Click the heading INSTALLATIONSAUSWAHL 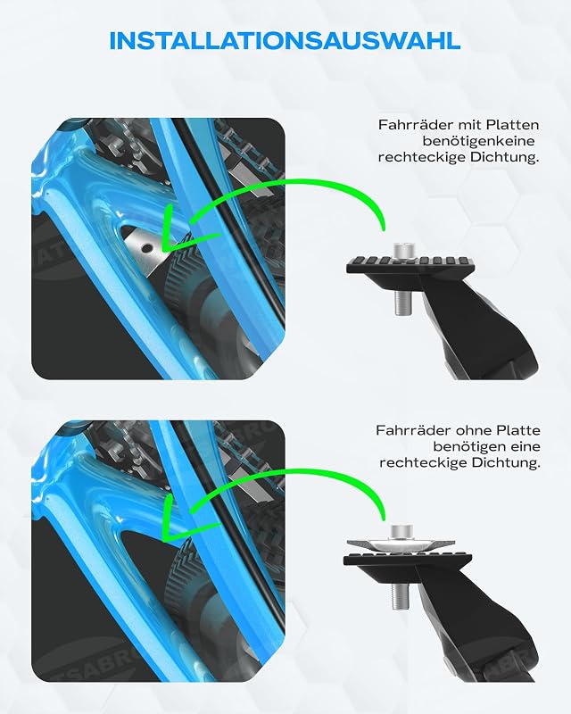coord(285,41)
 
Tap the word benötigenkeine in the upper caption coord(478,141)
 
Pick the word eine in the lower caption coord(525,446)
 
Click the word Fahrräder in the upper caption coord(416,124)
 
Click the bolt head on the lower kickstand coord(401,532)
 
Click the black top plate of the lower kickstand coord(408,560)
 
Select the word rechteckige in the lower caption coord(419,463)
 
